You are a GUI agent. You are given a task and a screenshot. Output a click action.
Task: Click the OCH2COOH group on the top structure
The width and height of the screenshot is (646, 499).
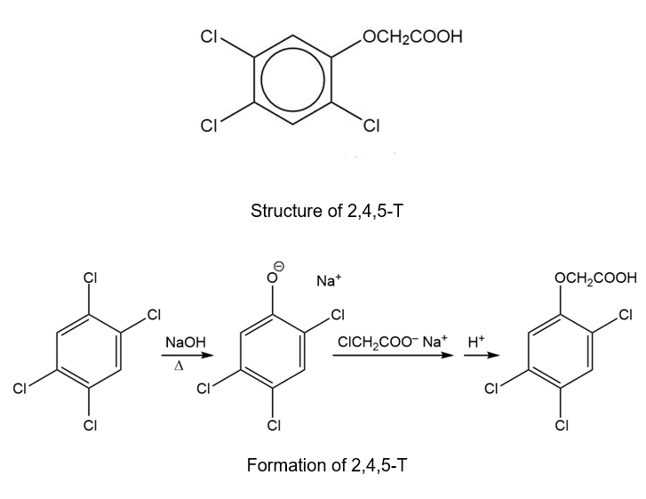click(413, 36)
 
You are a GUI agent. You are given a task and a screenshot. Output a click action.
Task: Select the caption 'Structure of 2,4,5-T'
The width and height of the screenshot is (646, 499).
click(326, 211)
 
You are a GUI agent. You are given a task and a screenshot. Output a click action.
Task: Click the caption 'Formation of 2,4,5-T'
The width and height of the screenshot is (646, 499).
click(327, 465)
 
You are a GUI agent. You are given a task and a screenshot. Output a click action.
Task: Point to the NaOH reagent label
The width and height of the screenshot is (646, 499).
click(186, 342)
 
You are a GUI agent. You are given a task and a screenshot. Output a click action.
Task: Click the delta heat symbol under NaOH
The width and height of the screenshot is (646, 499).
click(179, 366)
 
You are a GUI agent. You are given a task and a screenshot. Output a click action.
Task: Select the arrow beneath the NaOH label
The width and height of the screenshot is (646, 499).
click(187, 356)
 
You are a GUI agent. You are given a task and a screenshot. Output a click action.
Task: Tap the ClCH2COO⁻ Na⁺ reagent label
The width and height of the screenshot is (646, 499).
click(392, 342)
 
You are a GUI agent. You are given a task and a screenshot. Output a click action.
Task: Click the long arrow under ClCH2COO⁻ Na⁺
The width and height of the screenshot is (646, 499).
click(393, 356)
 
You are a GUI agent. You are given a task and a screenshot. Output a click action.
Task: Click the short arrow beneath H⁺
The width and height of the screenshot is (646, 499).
click(482, 356)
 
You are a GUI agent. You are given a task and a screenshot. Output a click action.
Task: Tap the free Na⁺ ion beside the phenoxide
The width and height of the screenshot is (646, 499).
click(329, 280)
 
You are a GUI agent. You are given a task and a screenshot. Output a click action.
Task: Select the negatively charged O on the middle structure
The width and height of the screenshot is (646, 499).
click(272, 278)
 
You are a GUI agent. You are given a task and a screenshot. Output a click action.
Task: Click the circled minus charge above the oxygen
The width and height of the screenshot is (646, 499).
click(280, 267)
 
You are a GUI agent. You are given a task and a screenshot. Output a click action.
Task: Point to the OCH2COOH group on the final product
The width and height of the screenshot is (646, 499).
click(595, 278)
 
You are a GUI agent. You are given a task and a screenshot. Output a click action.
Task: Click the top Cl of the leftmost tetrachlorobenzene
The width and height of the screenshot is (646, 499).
click(90, 278)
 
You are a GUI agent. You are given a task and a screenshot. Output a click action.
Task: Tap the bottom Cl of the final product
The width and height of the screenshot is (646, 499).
click(562, 425)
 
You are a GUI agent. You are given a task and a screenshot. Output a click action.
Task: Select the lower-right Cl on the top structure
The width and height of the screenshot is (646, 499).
click(371, 125)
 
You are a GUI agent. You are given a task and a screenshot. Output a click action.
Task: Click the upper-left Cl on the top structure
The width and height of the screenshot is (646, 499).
click(209, 36)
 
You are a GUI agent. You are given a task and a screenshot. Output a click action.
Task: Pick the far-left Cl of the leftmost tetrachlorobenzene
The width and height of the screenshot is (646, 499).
click(20, 388)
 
